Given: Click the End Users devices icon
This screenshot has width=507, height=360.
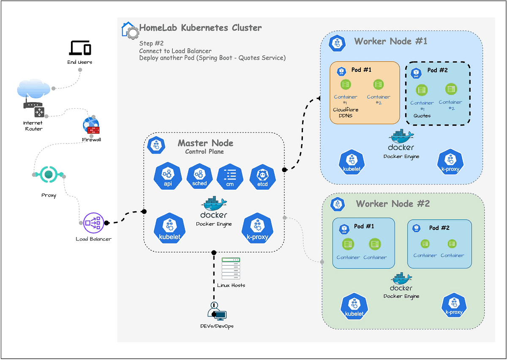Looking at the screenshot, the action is click(x=80, y=48).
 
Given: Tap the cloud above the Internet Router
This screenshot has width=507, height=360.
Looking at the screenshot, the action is click(x=33, y=89).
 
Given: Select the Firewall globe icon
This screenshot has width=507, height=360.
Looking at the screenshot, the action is click(x=91, y=125).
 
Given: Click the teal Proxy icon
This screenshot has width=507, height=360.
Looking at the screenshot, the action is click(x=49, y=174).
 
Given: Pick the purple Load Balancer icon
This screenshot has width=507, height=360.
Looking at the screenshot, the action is click(x=93, y=223).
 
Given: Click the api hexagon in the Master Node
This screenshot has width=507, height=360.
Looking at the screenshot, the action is click(x=168, y=176).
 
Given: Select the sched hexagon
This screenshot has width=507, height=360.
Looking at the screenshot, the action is click(x=199, y=176).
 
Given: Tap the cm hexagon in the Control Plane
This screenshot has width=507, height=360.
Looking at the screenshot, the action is click(x=230, y=177).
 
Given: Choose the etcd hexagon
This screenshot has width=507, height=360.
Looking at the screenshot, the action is click(x=262, y=177).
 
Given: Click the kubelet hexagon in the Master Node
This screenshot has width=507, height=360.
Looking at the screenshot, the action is click(x=169, y=228).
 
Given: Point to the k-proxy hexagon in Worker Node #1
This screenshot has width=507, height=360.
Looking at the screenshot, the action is click(x=450, y=162).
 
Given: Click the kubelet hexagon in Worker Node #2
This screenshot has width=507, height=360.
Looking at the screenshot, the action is click(x=354, y=306).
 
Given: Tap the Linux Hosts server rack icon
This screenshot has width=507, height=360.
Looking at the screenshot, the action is click(x=231, y=269).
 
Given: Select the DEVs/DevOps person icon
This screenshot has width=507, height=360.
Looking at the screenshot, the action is click(x=217, y=311).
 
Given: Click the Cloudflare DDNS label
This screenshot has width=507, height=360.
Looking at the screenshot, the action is click(x=346, y=112).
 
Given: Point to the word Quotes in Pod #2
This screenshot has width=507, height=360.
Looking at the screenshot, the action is click(x=422, y=116).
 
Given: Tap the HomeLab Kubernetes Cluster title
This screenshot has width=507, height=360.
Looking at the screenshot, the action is click(x=200, y=27).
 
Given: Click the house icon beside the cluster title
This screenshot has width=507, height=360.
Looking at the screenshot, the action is click(x=130, y=30).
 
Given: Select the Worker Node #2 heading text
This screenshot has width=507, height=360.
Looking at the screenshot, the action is click(x=393, y=204).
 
